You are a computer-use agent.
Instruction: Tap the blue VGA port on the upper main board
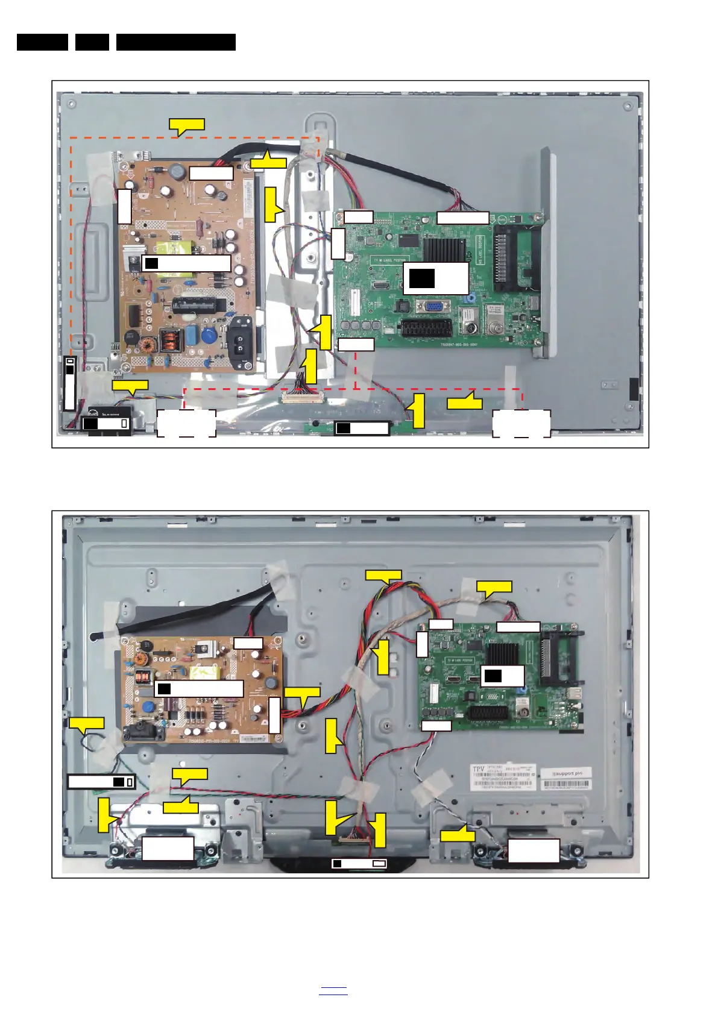433,306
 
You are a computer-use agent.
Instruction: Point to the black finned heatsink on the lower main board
503,655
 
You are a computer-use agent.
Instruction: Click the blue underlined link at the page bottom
333,990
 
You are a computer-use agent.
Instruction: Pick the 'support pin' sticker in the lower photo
566,773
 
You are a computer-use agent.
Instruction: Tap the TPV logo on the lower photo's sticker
478,770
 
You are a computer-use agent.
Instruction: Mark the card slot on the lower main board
559,656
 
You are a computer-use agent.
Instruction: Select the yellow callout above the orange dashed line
187,126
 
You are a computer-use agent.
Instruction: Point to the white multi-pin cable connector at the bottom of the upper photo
302,397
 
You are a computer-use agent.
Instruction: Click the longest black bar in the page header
175,42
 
